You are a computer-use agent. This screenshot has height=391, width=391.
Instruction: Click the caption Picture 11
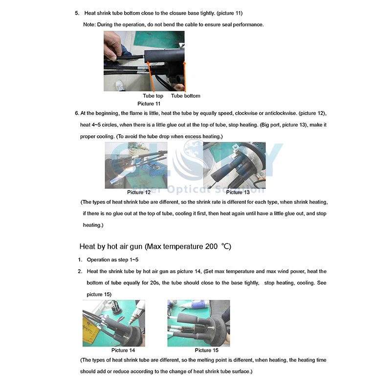[149, 104]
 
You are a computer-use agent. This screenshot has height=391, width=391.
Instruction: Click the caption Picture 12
[139, 193]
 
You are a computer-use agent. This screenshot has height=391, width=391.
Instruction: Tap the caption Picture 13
[238, 193]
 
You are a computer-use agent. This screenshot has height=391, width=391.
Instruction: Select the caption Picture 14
[123, 350]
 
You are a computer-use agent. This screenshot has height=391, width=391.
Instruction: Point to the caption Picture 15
[206, 350]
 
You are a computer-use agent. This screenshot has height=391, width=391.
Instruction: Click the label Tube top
[153, 96]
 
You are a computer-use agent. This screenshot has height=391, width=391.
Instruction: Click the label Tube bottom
[185, 96]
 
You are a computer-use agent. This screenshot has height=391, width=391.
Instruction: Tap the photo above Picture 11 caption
[144, 61]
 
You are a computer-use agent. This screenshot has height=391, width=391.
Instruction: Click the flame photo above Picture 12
[136, 165]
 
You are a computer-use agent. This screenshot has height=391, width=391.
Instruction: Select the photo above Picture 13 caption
[234, 165]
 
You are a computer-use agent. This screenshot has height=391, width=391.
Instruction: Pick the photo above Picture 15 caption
[198, 323]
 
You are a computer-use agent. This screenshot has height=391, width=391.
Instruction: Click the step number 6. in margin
[77, 113]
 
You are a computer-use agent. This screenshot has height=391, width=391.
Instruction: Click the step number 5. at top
[77, 13]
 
